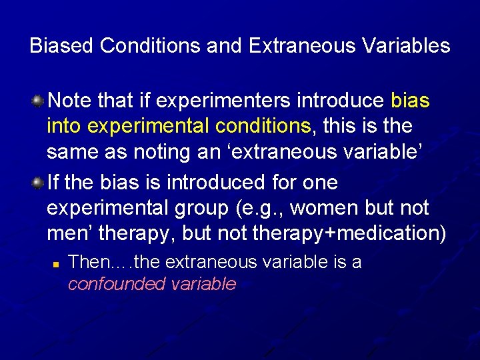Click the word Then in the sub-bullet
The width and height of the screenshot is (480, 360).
87,262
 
